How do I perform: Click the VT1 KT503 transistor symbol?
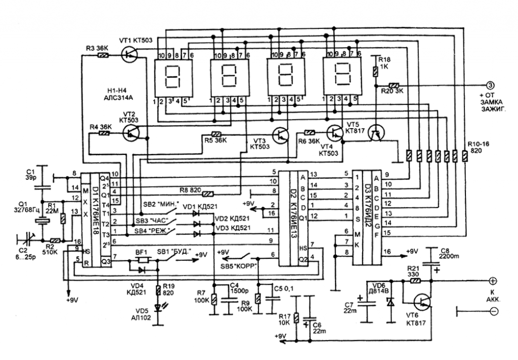[x=130, y=54]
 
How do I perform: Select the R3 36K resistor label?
[x=96, y=47]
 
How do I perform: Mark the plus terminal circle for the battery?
[x=493, y=280]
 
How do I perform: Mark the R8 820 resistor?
[x=207, y=193]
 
